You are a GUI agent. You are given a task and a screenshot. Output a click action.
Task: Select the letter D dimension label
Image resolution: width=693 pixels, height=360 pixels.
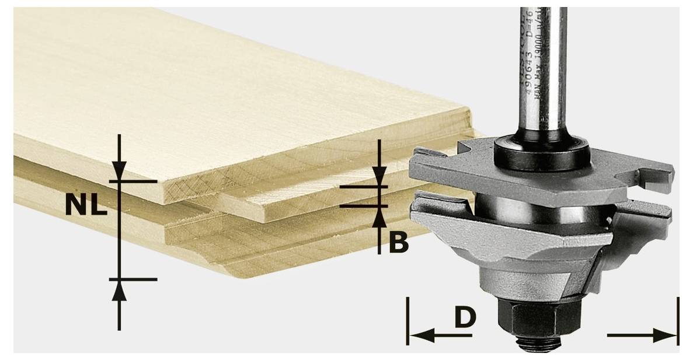coord(465,317)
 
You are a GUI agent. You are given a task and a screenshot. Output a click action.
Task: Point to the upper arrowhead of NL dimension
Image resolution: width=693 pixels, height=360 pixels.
coord(119,171)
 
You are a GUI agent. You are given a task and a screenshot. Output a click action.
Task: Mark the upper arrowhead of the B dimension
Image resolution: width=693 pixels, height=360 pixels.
coord(379,177)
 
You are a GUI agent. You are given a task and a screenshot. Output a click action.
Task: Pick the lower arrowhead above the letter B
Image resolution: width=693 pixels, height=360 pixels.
coord(379,216)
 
